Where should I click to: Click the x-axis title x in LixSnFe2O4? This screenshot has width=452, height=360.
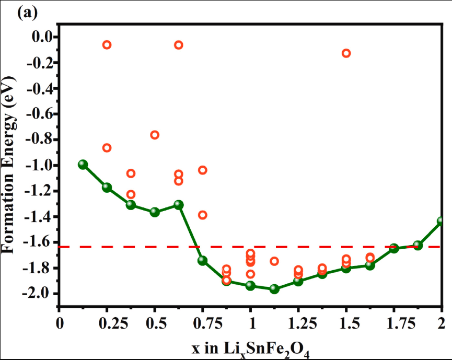(252, 347)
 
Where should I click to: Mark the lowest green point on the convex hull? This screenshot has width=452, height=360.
(274, 289)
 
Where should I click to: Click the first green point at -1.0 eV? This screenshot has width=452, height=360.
(83, 165)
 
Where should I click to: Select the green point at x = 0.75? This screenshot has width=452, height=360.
(203, 261)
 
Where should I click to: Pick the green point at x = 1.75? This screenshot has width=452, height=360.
(394, 248)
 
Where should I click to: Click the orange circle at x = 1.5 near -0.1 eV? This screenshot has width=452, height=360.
(346, 53)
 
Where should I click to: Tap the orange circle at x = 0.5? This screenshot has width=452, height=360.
(155, 135)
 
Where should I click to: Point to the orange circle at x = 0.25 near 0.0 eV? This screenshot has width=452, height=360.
(107, 45)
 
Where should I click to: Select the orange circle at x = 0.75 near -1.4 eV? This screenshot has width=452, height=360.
(203, 215)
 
